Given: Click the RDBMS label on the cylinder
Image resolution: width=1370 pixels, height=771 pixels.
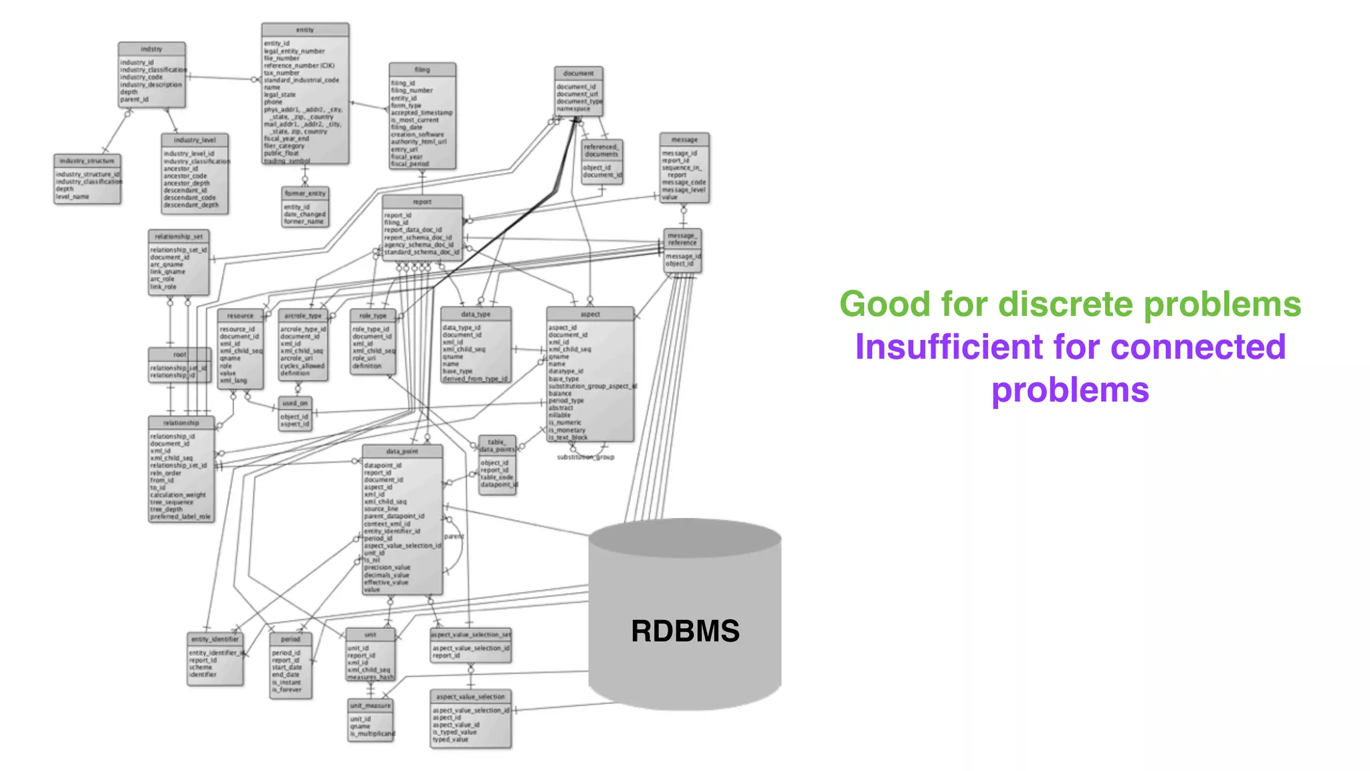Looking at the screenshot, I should [685, 631].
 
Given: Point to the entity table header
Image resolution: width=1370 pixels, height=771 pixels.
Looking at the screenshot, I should [305, 30].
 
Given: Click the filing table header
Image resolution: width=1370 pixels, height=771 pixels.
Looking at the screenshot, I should [422, 70].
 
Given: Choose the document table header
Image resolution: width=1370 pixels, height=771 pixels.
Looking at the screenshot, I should [579, 73].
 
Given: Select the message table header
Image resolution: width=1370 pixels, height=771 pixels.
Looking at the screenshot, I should [684, 139].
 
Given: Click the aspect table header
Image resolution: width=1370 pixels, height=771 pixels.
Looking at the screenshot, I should [590, 314].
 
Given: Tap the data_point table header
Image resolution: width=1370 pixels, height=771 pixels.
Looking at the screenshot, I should [402, 451].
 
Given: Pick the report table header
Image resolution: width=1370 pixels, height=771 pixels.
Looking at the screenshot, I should [422, 201].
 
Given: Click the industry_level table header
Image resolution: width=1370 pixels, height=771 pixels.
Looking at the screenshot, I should [195, 140].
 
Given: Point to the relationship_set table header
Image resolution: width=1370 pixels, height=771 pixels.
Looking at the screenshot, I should [179, 236].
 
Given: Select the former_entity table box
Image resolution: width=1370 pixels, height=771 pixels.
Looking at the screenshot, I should [305, 207].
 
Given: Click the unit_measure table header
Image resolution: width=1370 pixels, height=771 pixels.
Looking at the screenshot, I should [371, 705].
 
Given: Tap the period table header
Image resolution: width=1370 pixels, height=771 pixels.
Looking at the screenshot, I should [290, 639].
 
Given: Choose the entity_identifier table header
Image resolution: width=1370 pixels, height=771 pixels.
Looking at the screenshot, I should [215, 639].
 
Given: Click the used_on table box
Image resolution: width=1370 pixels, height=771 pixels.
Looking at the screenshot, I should [295, 414].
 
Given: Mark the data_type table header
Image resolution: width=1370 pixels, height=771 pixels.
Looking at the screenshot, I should [476, 314].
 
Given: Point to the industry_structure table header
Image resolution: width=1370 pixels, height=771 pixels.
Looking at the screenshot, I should [87, 161].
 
